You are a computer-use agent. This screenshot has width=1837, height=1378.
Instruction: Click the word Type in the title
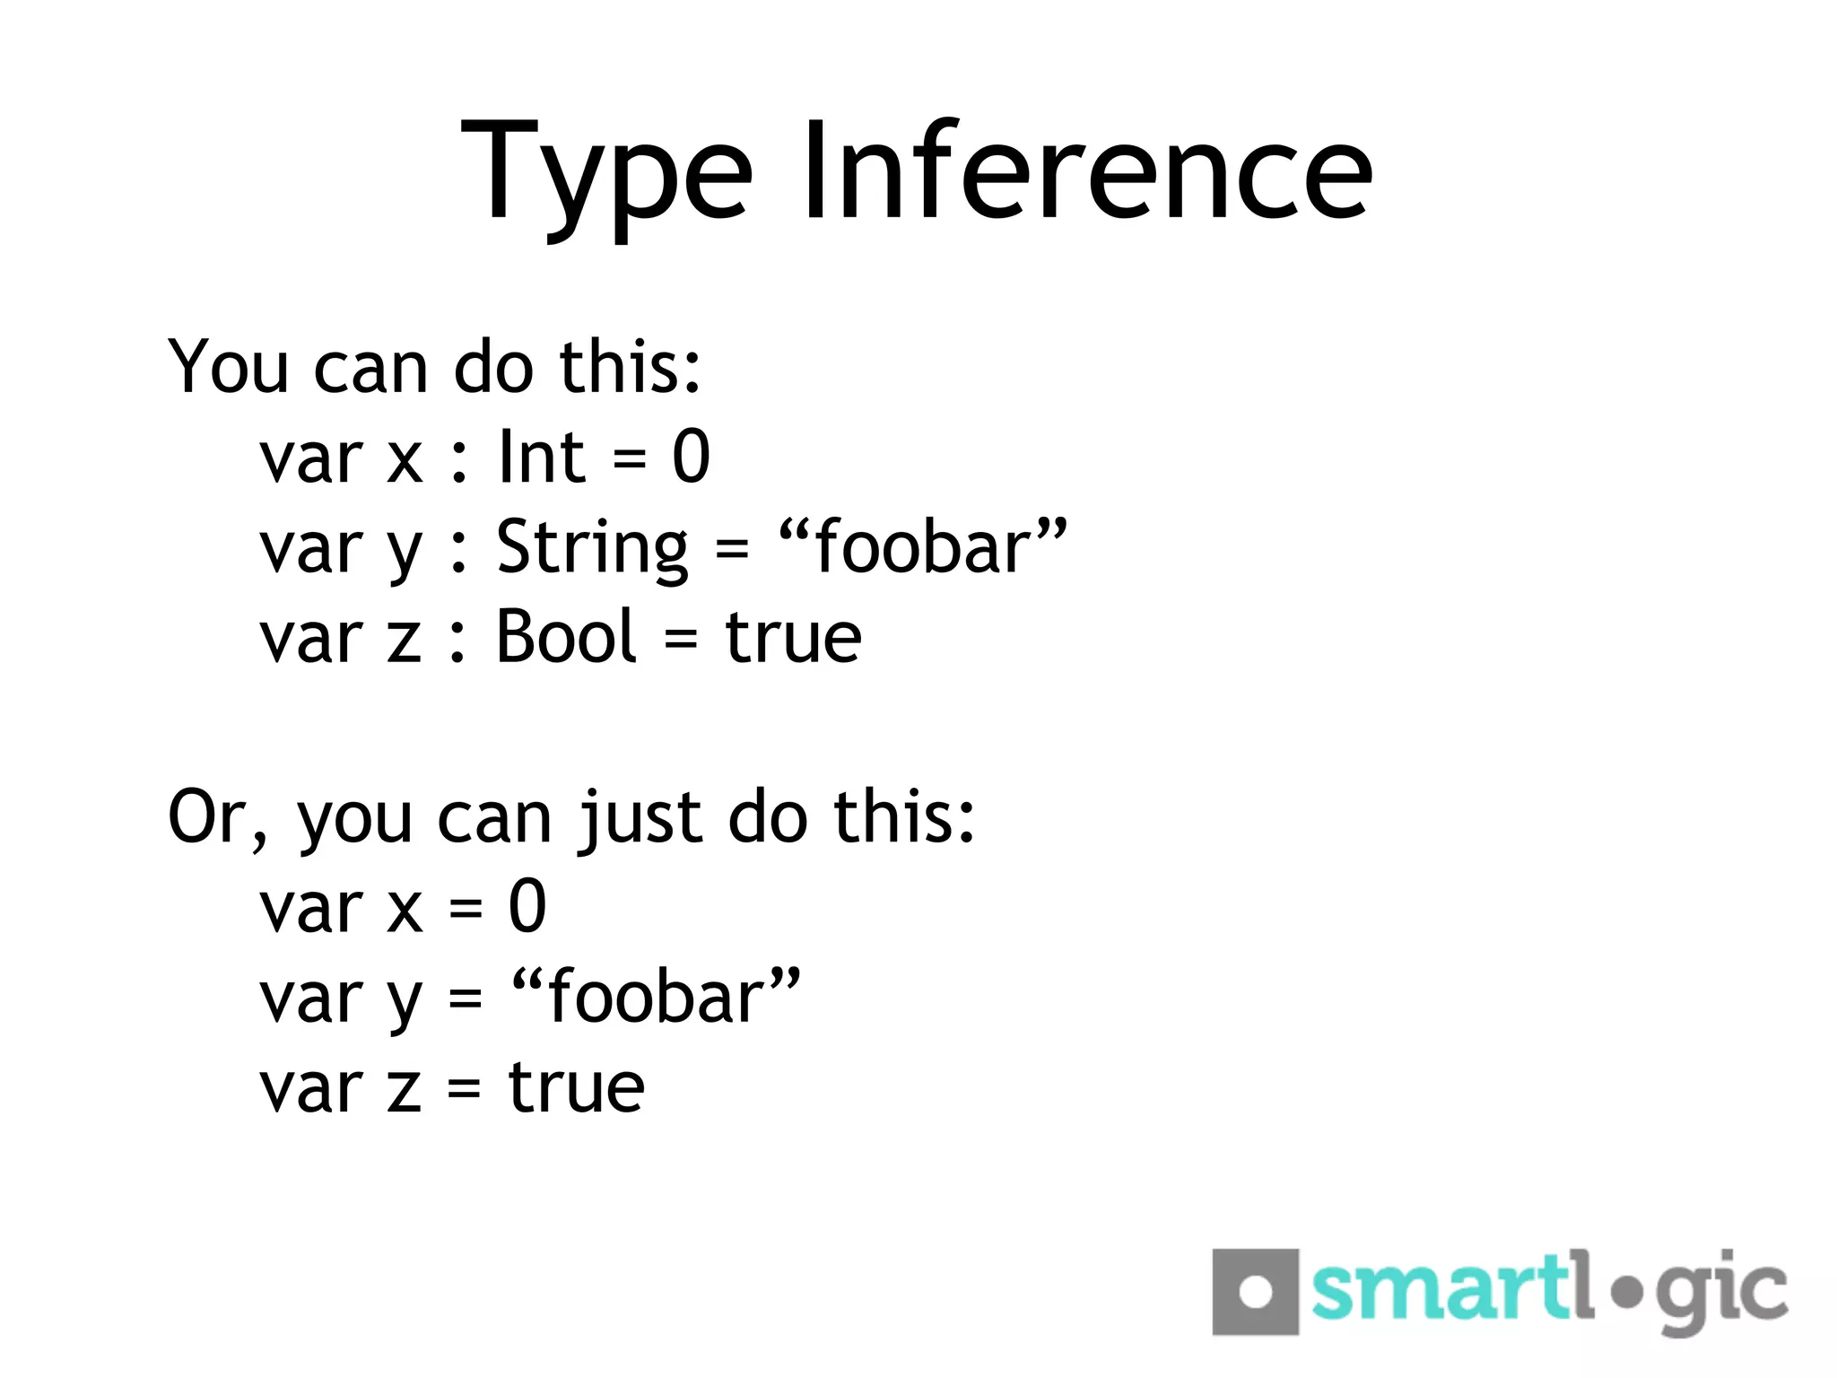606,175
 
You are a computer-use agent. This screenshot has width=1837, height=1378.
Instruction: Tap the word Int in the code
542,458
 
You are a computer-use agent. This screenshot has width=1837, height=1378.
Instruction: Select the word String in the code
592,549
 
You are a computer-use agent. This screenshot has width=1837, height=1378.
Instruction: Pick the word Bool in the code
566,637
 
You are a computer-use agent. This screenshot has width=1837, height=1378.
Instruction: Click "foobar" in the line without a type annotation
656,998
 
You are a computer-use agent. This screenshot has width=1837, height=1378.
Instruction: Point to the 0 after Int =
691,458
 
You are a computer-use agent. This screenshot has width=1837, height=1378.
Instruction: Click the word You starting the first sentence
228,368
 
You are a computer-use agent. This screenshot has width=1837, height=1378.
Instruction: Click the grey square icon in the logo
1255,1292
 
